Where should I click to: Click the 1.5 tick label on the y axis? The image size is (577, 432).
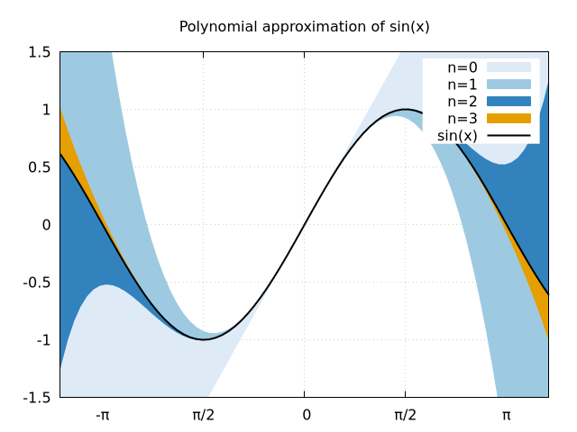point(39,52)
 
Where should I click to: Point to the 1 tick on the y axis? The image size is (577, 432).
point(46,110)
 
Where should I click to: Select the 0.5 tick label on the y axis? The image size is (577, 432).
point(39,167)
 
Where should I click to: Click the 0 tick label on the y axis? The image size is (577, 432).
point(46,225)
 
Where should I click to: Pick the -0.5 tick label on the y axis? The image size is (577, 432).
point(37,283)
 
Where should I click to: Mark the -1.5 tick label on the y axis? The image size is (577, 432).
point(37,398)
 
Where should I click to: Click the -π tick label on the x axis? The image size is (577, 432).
point(102,415)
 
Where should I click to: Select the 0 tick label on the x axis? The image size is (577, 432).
point(307,415)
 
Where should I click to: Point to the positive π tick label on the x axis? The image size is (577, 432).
point(507,415)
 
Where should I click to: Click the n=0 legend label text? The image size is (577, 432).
point(463,67)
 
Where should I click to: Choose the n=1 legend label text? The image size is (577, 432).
point(463,85)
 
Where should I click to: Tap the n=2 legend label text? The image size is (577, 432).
point(463,102)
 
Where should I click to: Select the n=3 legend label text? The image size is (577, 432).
point(463,119)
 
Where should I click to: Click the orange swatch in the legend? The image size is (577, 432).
point(508,118)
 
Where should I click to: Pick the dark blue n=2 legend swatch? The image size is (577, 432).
point(508,101)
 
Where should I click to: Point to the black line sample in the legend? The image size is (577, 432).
point(508,136)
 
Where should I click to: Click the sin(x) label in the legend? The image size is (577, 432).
point(457,136)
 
